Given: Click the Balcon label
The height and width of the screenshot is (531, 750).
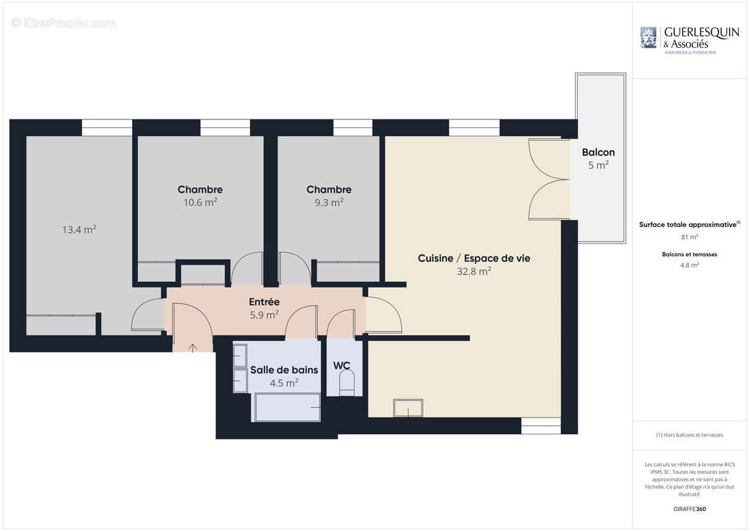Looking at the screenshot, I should pos(598,152).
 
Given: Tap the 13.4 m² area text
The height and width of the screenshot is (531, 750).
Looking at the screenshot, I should pos(80,230).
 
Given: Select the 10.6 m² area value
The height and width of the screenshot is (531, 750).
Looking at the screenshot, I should pos(200,202).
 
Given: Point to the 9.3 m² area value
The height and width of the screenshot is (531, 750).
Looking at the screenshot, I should pos(329,202).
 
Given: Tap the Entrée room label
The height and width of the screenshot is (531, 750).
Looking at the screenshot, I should pos(264,302).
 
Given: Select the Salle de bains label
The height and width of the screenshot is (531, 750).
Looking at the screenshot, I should pos(284,370).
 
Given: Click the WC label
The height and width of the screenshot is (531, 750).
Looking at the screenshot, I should pos(342,366).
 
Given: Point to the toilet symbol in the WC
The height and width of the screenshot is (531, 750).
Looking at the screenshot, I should pos(346,383).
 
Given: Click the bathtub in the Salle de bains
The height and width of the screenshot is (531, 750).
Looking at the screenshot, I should pos(287,407).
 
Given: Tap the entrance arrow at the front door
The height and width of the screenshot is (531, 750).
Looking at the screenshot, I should pos(193,346).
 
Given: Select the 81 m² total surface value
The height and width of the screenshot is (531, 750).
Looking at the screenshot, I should pos(690,237).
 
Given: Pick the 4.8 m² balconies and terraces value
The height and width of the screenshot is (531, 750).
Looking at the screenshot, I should pos(690,265).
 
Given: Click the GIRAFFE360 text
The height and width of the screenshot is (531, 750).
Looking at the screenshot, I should pos(690,509).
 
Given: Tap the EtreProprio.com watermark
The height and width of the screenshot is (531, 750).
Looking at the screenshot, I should pos(64,23).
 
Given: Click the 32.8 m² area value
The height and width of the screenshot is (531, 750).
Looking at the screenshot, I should pos(474,271).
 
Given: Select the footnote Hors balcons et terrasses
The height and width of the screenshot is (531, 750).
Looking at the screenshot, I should pos(690,435).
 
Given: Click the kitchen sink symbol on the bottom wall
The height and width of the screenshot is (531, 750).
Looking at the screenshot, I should pos(408,408).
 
